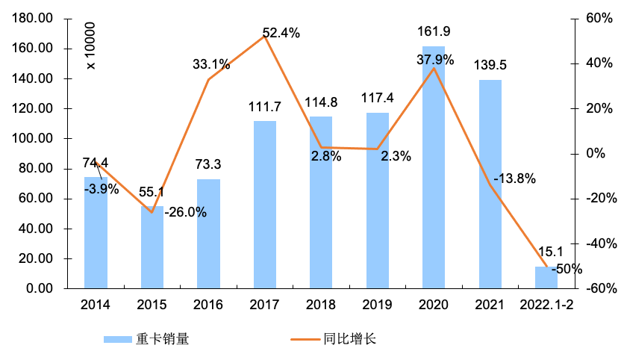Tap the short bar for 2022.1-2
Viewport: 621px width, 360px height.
[546, 277]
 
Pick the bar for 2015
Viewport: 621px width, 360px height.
[152, 247]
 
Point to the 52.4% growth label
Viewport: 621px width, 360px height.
[281, 33]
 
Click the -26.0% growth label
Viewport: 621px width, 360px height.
[185, 212]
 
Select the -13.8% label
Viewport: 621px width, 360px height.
[514, 179]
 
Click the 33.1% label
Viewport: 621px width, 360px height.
[210, 64]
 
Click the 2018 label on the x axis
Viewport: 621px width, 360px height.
[321, 305]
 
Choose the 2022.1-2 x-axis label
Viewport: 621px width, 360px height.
[547, 305]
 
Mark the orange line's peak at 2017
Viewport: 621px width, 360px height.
[265, 36]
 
